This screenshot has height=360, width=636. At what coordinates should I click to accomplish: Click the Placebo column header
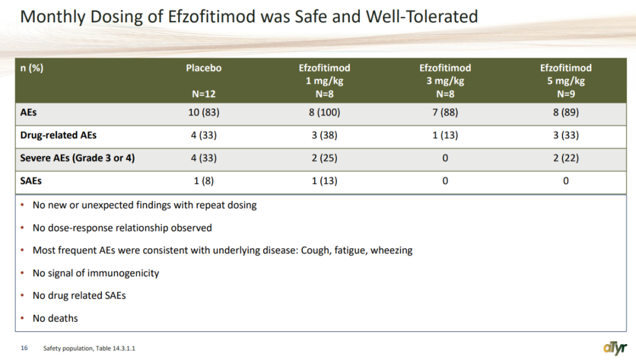204,68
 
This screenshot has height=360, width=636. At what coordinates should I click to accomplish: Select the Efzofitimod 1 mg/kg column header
324,75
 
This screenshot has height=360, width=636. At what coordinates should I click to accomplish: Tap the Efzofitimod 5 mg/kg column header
565,75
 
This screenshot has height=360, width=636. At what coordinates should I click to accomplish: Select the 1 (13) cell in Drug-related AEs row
445,136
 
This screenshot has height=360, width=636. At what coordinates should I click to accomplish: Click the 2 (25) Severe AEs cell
324,158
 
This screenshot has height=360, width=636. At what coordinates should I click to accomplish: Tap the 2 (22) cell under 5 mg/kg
565,158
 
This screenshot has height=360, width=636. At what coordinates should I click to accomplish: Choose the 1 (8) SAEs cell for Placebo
204,181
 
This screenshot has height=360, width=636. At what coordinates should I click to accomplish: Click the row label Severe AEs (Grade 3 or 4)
77,158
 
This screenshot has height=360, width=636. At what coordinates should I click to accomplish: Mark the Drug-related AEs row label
58,136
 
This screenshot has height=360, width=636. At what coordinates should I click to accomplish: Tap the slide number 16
24,348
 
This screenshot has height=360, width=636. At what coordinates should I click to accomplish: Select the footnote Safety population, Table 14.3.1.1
90,348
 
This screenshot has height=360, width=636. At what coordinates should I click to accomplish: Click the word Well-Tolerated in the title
422,16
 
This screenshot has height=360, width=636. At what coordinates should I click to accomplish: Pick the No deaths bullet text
55,318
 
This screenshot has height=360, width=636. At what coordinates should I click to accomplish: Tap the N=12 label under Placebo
204,94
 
